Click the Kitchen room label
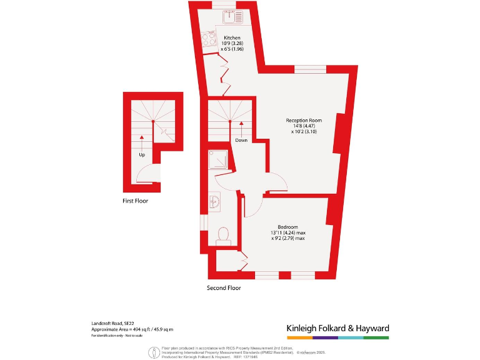pos(232,38)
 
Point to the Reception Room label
pos(304,120)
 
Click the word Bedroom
pos(287,226)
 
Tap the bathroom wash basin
pos(214,202)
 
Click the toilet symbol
pos(222,236)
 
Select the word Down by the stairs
pos(241,140)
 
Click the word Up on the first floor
pos(142,154)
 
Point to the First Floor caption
pos(135,201)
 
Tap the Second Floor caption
pos(224,288)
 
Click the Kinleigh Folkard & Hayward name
pos(337,328)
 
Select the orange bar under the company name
pos(299,337)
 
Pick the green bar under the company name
pos(376,337)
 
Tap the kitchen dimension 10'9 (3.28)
pos(232,44)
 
